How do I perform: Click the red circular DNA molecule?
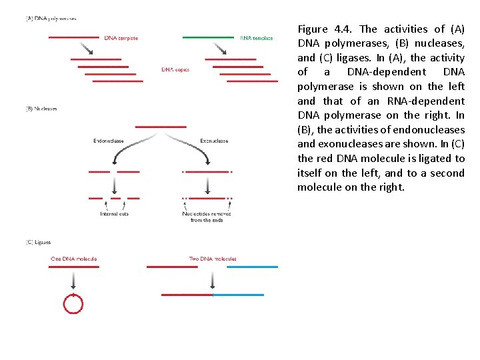(x=73, y=304)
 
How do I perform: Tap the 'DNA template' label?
(x=121, y=38)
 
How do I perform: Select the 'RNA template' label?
(x=257, y=38)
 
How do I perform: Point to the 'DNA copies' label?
(x=175, y=69)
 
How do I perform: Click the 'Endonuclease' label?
(x=109, y=141)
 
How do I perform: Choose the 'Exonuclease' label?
(x=214, y=141)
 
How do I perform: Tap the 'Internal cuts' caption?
(x=114, y=214)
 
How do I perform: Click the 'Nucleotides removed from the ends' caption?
(x=207, y=217)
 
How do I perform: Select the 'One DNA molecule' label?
(x=74, y=259)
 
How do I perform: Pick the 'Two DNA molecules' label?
(x=213, y=259)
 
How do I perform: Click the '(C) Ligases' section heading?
(x=38, y=242)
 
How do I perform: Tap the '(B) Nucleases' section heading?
(x=41, y=109)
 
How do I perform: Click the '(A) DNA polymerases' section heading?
(x=51, y=19)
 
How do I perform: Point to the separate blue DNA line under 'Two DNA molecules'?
(x=252, y=267)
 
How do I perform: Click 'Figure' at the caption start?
(x=313, y=29)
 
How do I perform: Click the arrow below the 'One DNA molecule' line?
(x=73, y=281)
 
